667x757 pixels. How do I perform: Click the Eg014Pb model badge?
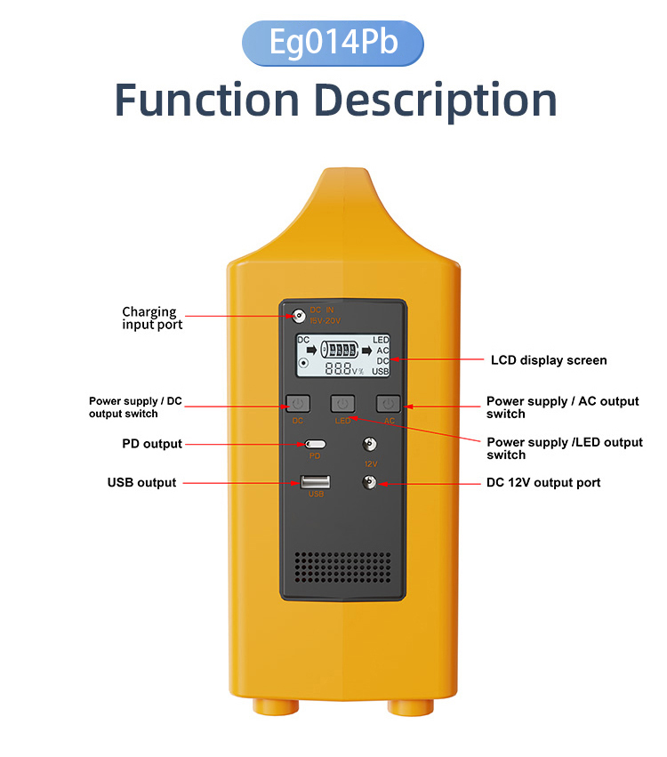tap(333, 43)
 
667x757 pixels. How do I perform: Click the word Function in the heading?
tap(207, 100)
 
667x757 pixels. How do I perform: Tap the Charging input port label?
tap(152, 318)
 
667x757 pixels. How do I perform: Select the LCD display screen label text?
tap(549, 360)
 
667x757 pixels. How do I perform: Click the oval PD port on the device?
tap(315, 444)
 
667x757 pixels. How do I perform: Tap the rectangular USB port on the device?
tap(315, 482)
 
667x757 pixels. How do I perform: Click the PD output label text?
tap(151, 444)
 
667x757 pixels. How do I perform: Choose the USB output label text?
tap(141, 482)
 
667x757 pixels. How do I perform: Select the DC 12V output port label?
tap(543, 482)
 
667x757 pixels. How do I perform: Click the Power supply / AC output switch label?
tap(562, 407)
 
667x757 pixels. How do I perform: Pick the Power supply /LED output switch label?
tap(564, 448)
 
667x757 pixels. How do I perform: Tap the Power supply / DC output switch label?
tap(135, 407)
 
